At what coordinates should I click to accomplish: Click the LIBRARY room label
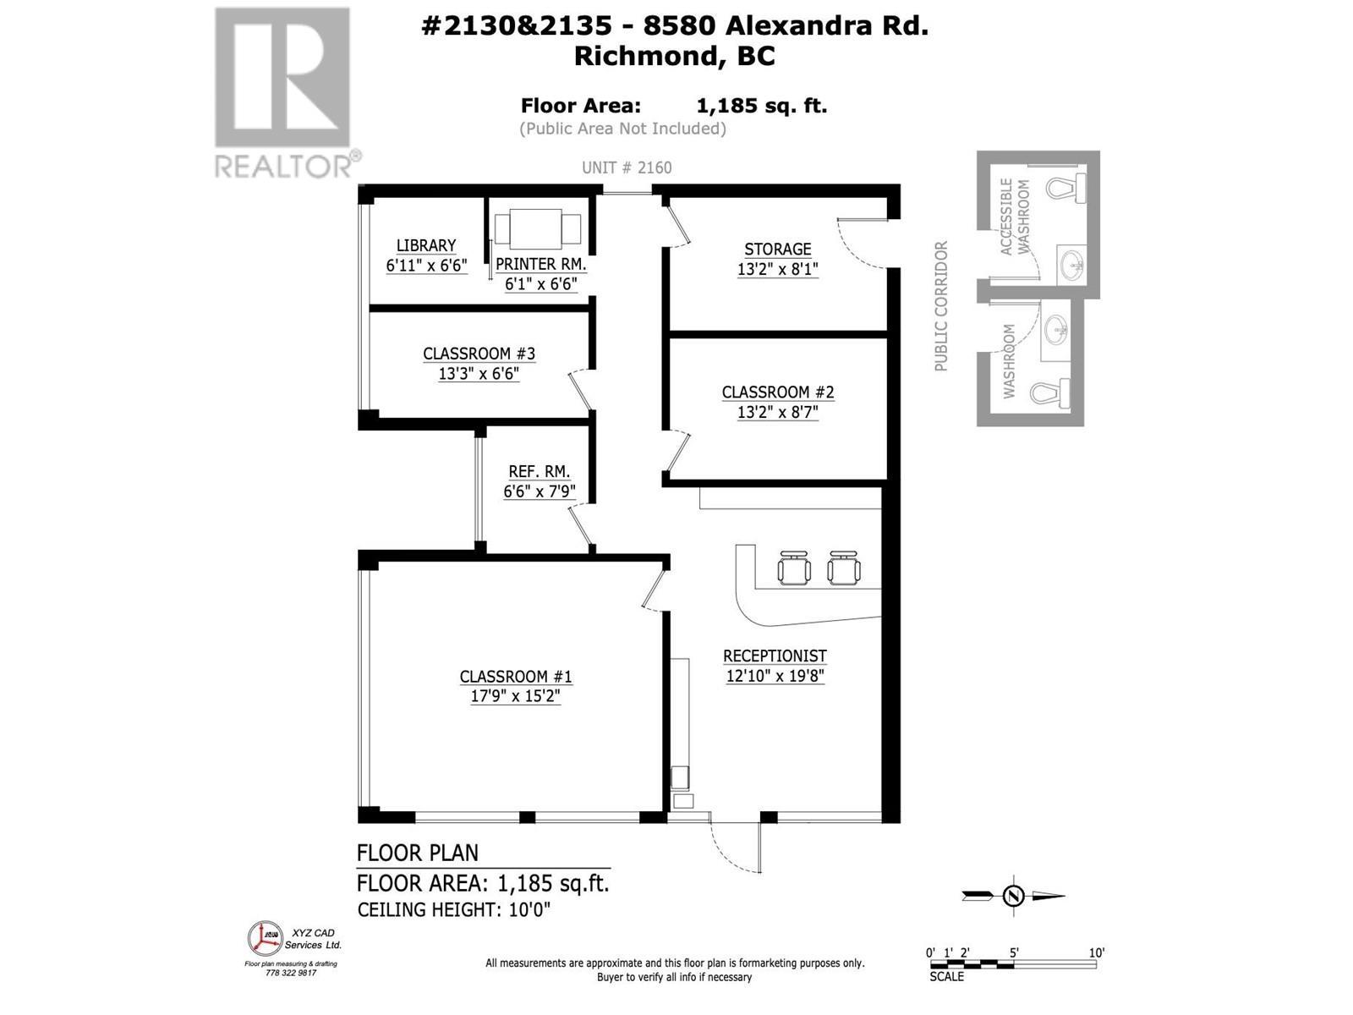click(x=426, y=245)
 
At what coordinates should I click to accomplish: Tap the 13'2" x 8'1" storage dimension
click(x=777, y=270)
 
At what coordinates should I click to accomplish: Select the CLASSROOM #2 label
click(x=777, y=392)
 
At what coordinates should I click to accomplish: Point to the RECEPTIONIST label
click(x=775, y=656)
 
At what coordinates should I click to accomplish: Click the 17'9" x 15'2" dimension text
click(x=516, y=697)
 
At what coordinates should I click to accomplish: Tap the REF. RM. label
click(x=539, y=472)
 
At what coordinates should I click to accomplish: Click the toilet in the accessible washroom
click(x=1067, y=187)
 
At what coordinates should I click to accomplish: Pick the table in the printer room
click(x=537, y=228)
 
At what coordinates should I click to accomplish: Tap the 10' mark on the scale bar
click(x=1096, y=952)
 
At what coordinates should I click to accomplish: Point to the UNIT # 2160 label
click(x=627, y=167)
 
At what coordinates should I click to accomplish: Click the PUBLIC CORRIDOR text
click(x=941, y=306)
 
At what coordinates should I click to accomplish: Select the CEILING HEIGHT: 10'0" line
click(x=454, y=910)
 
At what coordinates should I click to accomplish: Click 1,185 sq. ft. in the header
click(x=761, y=106)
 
